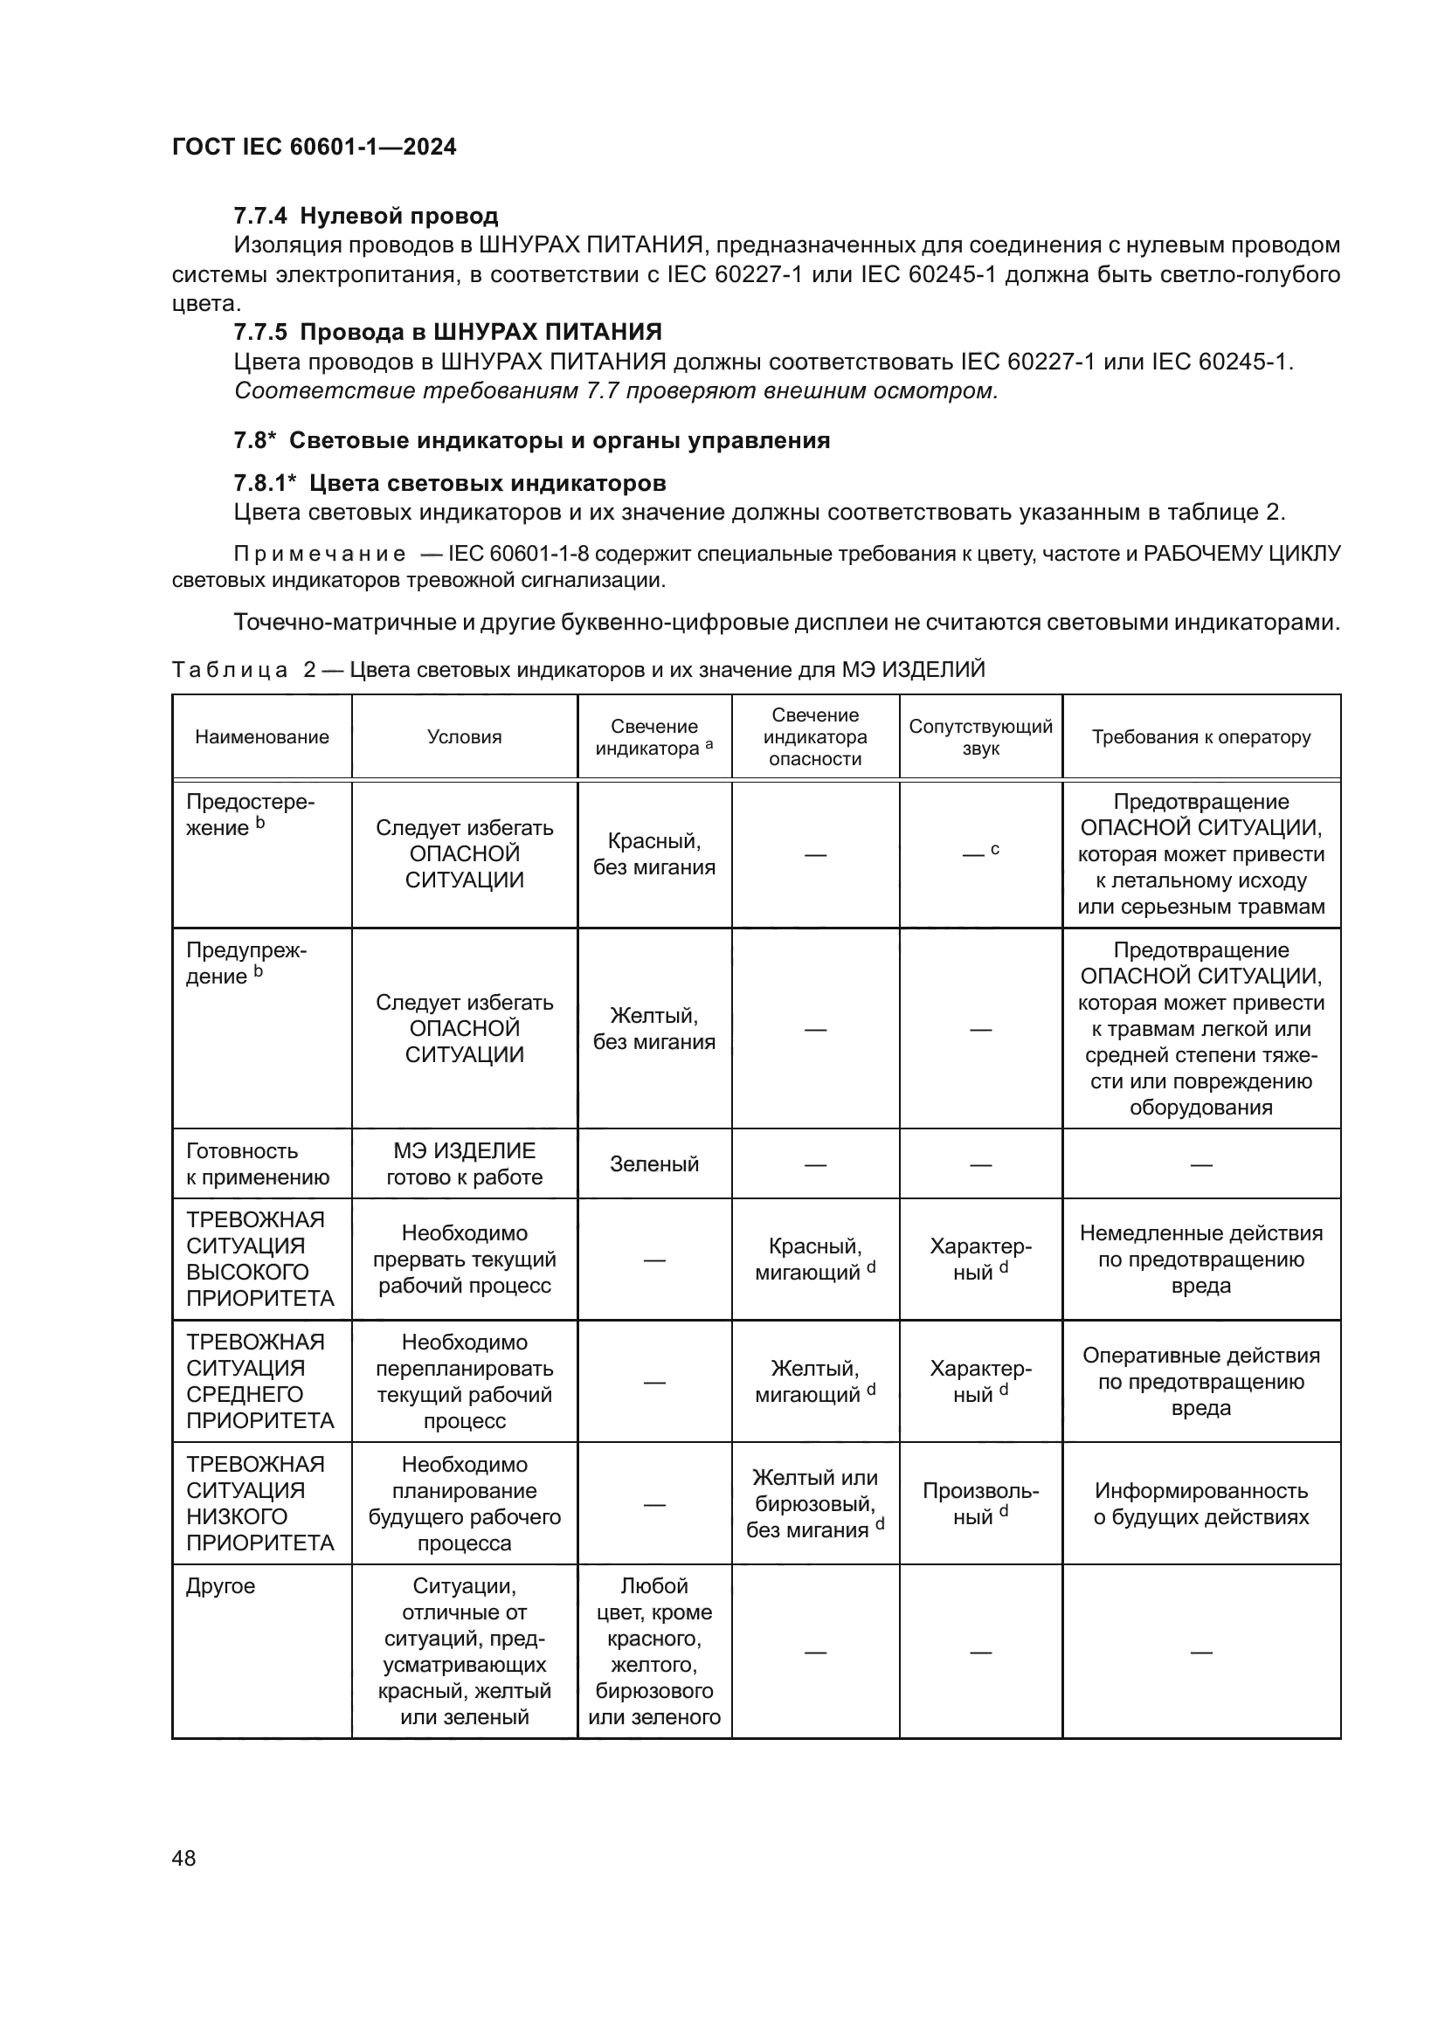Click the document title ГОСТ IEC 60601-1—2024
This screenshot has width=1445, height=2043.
(314, 147)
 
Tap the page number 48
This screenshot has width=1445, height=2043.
(183, 1858)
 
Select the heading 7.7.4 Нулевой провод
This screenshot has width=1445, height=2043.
(366, 217)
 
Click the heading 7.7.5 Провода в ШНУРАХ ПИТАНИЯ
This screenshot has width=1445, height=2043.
(447, 332)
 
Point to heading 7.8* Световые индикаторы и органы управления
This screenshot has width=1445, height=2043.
(531, 440)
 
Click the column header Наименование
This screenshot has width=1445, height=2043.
(261, 737)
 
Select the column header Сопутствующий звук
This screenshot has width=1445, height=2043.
(979, 737)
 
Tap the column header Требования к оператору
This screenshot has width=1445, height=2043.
(1200, 737)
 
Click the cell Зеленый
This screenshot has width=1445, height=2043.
(654, 1163)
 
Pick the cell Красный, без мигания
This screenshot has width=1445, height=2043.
(654, 854)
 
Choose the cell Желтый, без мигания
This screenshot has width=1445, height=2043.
(654, 1029)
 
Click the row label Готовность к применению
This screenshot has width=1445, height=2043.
(257, 1163)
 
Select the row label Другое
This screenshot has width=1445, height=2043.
(220, 1586)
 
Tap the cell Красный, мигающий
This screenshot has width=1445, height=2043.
(814, 1260)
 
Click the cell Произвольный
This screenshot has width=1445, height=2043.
(979, 1504)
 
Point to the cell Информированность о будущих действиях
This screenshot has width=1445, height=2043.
(1200, 1504)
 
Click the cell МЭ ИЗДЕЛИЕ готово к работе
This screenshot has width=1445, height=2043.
(464, 1163)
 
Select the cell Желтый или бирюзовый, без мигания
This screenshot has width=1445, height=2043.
(814, 1504)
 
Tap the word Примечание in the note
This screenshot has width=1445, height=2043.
(320, 555)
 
